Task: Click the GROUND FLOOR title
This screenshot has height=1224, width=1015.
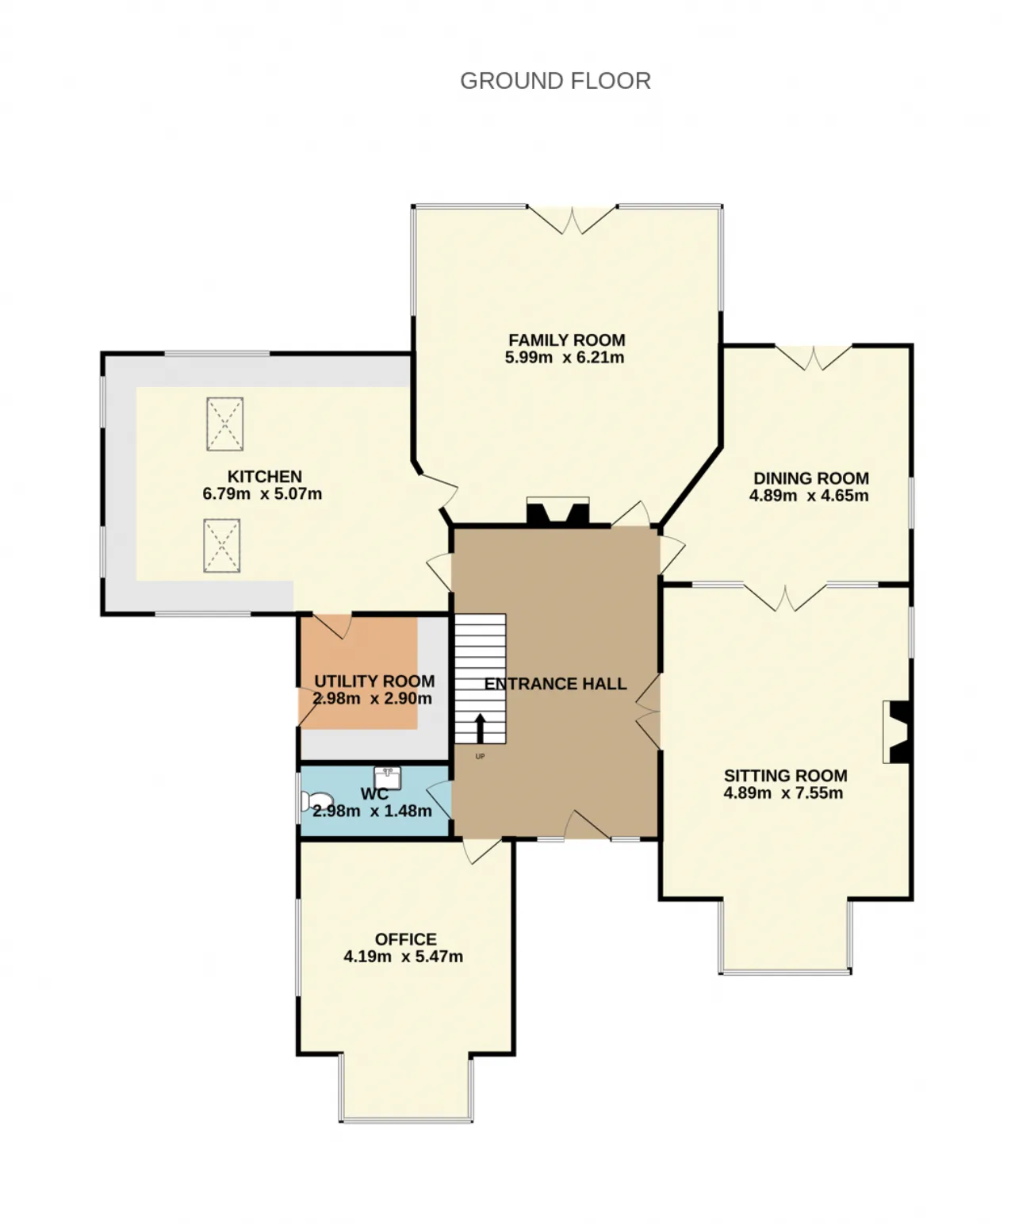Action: [555, 81]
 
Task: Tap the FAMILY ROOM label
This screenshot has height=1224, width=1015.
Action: [567, 340]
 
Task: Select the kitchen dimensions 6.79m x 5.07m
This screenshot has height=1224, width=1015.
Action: [262, 493]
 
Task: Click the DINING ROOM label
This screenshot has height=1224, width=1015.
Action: [811, 478]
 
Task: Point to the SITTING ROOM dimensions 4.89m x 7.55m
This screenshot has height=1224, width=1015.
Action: [783, 793]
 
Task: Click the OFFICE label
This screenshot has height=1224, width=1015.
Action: [405, 939]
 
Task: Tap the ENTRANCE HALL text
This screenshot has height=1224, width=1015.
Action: [556, 684]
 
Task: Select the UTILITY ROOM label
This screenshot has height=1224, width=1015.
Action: [374, 681]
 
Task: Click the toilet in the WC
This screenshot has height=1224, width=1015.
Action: [316, 800]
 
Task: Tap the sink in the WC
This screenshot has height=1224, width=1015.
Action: [387, 778]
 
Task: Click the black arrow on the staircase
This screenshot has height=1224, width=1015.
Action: [480, 728]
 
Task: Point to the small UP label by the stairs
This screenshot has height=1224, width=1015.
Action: [480, 756]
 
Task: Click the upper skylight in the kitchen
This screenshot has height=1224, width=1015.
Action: [225, 424]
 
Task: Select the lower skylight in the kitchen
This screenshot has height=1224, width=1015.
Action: [222, 545]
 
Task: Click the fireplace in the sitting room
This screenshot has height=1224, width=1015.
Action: [897, 731]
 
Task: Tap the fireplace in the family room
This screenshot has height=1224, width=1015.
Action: [558, 511]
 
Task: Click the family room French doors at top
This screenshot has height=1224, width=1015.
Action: [572, 221]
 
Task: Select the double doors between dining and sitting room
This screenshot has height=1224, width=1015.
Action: [785, 597]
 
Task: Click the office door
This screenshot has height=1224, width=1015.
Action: [482, 851]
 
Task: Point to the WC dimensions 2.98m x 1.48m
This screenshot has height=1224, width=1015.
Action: [372, 811]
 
